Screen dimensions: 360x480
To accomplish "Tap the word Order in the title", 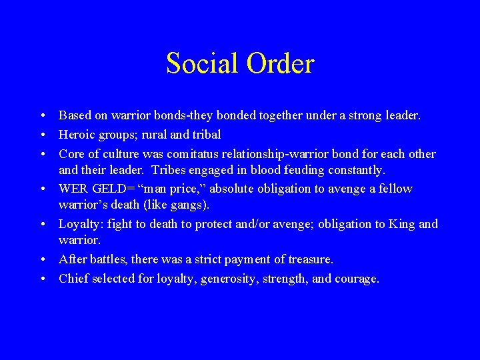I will tap(280, 64).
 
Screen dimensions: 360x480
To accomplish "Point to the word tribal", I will tap(205, 135).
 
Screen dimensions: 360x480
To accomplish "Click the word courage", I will tap(357, 279).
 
